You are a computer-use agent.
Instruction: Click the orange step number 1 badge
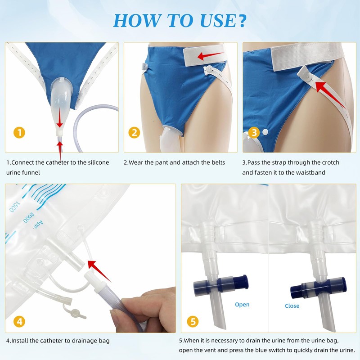[19, 133]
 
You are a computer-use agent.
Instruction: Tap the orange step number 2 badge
[134, 133]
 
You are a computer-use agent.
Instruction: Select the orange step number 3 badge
[254, 133]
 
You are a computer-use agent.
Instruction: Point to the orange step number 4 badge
[19, 321]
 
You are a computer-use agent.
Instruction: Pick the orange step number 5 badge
[193, 321]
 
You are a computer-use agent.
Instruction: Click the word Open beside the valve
[242, 305]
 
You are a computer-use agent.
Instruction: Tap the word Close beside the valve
[292, 306]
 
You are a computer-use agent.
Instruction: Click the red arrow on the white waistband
[210, 55]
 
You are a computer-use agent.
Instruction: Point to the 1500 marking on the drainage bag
[14, 207]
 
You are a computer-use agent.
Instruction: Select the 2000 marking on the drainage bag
[29, 217]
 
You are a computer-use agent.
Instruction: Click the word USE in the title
[217, 20]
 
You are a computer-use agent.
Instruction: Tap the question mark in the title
[242, 20]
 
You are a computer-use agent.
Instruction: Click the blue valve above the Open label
[221, 285]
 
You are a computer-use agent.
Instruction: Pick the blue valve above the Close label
[318, 288]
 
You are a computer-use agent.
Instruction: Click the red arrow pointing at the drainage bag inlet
[99, 270]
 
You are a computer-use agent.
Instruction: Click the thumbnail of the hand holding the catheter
[90, 258]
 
